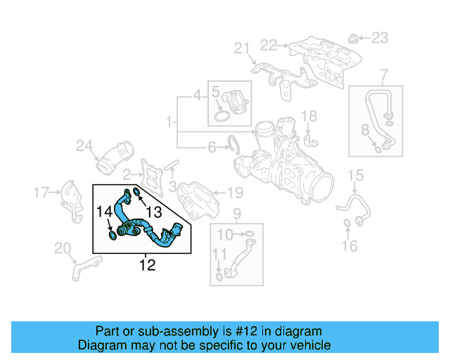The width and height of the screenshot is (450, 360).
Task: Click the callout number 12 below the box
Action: (x=147, y=265)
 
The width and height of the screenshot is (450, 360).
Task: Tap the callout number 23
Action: (x=379, y=37)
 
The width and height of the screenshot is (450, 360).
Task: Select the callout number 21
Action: (x=242, y=49)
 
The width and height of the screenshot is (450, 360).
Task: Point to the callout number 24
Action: (x=84, y=146)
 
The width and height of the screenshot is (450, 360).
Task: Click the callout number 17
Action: (x=41, y=191)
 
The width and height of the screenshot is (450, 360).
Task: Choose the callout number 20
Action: (x=63, y=247)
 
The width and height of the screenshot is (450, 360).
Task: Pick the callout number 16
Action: (x=349, y=245)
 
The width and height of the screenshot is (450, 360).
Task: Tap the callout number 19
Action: (x=234, y=192)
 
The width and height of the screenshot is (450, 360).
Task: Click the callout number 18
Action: (x=309, y=116)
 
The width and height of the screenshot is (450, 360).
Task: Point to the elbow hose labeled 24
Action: (x=115, y=157)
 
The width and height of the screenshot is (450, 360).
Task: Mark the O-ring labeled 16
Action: (x=347, y=224)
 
